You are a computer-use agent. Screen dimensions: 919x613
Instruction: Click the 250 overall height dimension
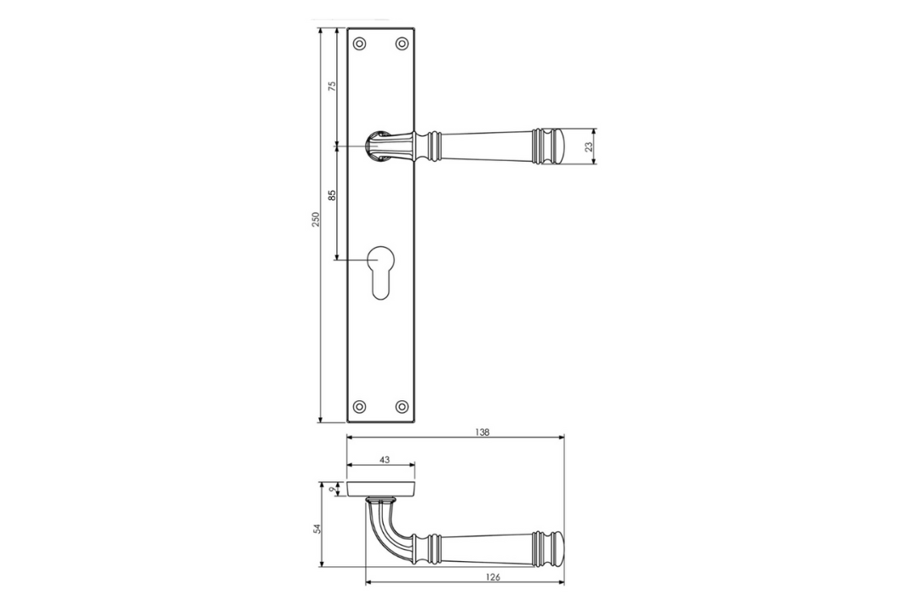pyautogui.click(x=316, y=220)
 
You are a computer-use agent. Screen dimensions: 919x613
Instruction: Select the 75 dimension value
pyautogui.click(x=333, y=86)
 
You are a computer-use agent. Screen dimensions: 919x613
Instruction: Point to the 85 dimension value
pyautogui.click(x=333, y=195)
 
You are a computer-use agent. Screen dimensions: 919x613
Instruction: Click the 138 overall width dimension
pyautogui.click(x=482, y=433)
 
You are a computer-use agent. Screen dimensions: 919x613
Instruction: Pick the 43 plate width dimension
pyautogui.click(x=385, y=460)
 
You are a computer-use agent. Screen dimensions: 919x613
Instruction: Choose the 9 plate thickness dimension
pyautogui.click(x=333, y=489)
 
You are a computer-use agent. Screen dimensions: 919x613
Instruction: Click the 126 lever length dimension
pyautogui.click(x=493, y=577)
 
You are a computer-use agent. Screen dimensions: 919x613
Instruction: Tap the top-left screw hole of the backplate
pyautogui.click(x=360, y=43)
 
